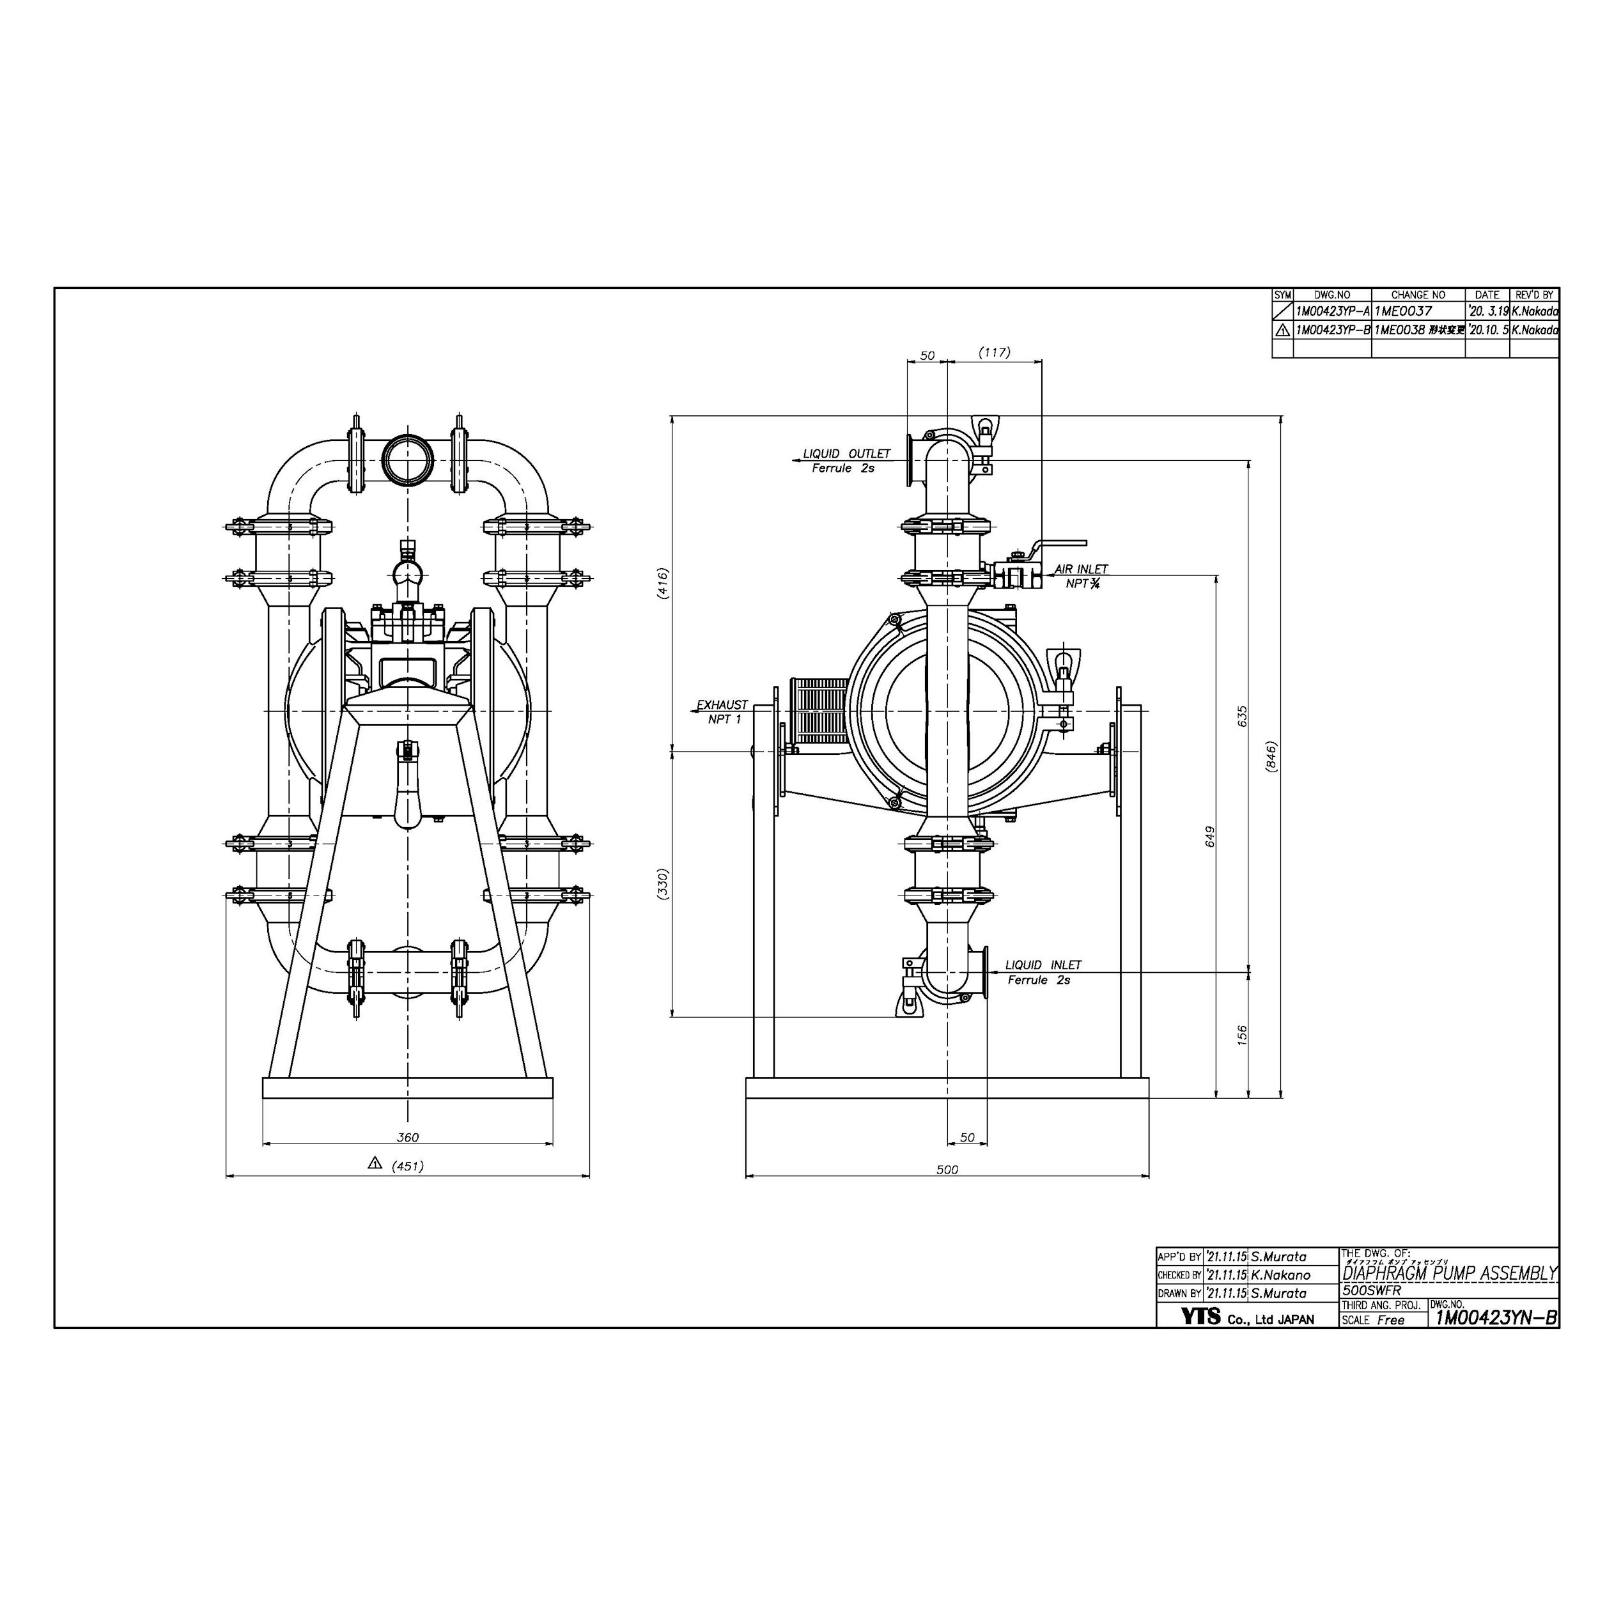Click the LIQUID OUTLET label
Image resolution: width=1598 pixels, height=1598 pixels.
pyautogui.click(x=846, y=454)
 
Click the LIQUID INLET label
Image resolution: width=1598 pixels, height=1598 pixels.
pyautogui.click(x=1043, y=965)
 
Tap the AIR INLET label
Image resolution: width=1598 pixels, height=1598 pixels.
pyautogui.click(x=1081, y=569)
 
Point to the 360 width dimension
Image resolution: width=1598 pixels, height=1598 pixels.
pyautogui.click(x=408, y=1137)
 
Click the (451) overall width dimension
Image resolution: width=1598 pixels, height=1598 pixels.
pyautogui.click(x=408, y=1167)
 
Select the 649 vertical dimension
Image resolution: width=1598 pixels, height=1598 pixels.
pyautogui.click(x=1210, y=836)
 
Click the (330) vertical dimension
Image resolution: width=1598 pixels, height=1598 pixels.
pyautogui.click(x=662, y=883)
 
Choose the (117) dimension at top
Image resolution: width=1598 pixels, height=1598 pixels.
pyautogui.click(x=994, y=352)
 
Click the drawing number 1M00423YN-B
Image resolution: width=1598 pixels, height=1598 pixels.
pyautogui.click(x=1496, y=1317)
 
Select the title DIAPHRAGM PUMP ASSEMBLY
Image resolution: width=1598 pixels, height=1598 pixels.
pyautogui.click(x=1450, y=1274)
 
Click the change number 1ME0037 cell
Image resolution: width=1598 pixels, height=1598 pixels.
pyautogui.click(x=1403, y=312)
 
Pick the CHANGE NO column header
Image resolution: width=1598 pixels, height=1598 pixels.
pyautogui.click(x=1418, y=295)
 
